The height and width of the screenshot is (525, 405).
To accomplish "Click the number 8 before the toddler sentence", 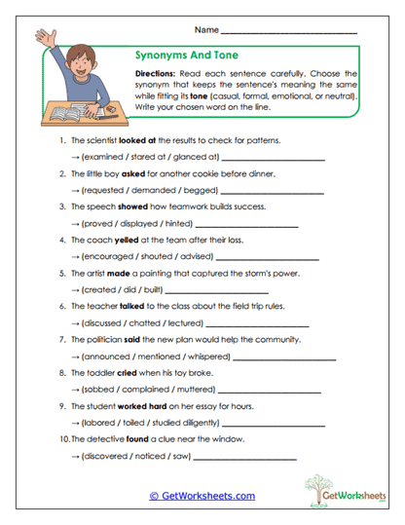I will coord(61,373).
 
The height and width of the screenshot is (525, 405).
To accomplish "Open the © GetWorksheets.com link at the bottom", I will coord(202,496).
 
